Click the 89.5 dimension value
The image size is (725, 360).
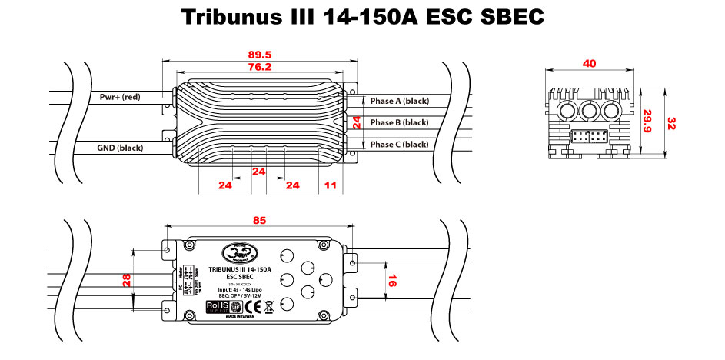(x=261, y=55)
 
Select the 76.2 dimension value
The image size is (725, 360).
(x=260, y=67)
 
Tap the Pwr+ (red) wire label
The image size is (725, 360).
(x=120, y=97)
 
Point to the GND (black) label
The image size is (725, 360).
(x=120, y=147)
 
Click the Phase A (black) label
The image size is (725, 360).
(x=399, y=101)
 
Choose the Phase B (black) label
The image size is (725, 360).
(x=399, y=122)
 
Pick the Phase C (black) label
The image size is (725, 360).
(x=399, y=144)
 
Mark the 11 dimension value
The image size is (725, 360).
(x=331, y=185)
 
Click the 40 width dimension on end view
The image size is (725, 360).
(x=590, y=64)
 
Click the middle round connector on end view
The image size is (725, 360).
(x=590, y=112)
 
